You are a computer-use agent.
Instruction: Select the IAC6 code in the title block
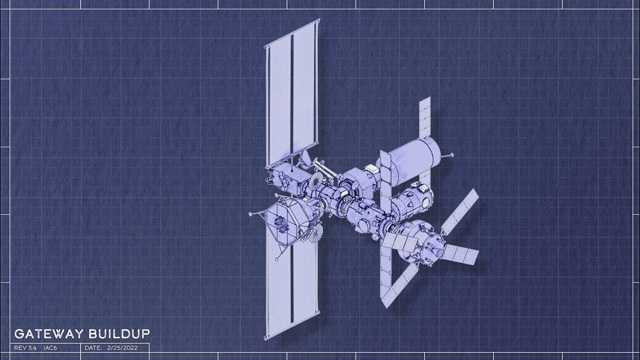coord(50,347)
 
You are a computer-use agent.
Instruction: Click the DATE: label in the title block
coord(93,347)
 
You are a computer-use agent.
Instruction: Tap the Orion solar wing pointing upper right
coord(460,212)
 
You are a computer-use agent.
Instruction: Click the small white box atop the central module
coord(371,168)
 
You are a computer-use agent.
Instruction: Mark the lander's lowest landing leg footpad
coord(277,259)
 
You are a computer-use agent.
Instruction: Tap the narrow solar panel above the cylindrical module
coord(424,117)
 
